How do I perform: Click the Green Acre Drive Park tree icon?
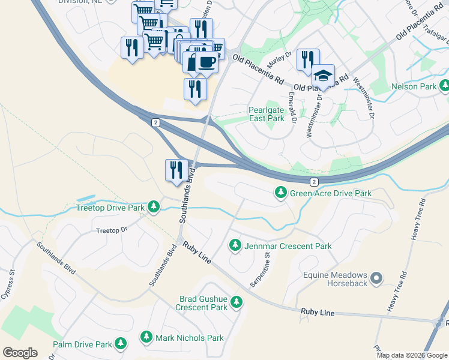tap(280, 193)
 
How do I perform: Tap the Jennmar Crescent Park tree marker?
tap(235, 245)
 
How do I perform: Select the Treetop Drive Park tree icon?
tap(154, 207)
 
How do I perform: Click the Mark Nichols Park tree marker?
tap(146, 337)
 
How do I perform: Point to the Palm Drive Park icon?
tap(121, 344)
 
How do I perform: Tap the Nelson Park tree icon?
tap(444, 86)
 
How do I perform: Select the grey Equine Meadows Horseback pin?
tap(376, 277)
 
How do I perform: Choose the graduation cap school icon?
tap(323, 76)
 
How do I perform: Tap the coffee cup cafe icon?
tap(207, 62)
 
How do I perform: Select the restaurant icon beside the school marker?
tap(307, 60)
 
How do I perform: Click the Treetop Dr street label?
tap(112, 230)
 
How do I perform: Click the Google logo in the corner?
tap(20, 352)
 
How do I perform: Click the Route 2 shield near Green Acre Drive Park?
tap(313, 181)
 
